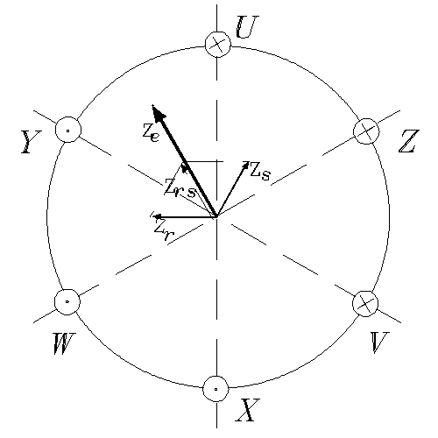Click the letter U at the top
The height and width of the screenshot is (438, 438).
pos(247,27)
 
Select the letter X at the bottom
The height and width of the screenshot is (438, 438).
pos(247,410)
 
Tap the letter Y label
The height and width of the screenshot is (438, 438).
pos(31,142)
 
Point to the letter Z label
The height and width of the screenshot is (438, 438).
pos(409,142)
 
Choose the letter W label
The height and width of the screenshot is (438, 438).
pos(65,343)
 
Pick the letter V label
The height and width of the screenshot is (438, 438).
pos(380,343)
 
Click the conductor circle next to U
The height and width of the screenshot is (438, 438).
pos(217,45)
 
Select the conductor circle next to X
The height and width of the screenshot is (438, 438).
pos(215,389)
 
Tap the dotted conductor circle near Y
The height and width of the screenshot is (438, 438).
pos(68,130)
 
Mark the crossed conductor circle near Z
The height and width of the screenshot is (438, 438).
pos(366,131)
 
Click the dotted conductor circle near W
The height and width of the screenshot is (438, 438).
pos(67,302)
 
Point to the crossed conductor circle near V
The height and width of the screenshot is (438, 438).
pos(365,304)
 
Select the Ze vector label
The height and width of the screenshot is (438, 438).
pos(151,133)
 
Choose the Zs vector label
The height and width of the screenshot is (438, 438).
pos(260,171)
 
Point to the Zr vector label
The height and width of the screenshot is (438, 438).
pos(164,230)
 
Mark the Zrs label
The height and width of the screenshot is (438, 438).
pos(180,189)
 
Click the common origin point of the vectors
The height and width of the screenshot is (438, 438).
pos(216,216)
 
